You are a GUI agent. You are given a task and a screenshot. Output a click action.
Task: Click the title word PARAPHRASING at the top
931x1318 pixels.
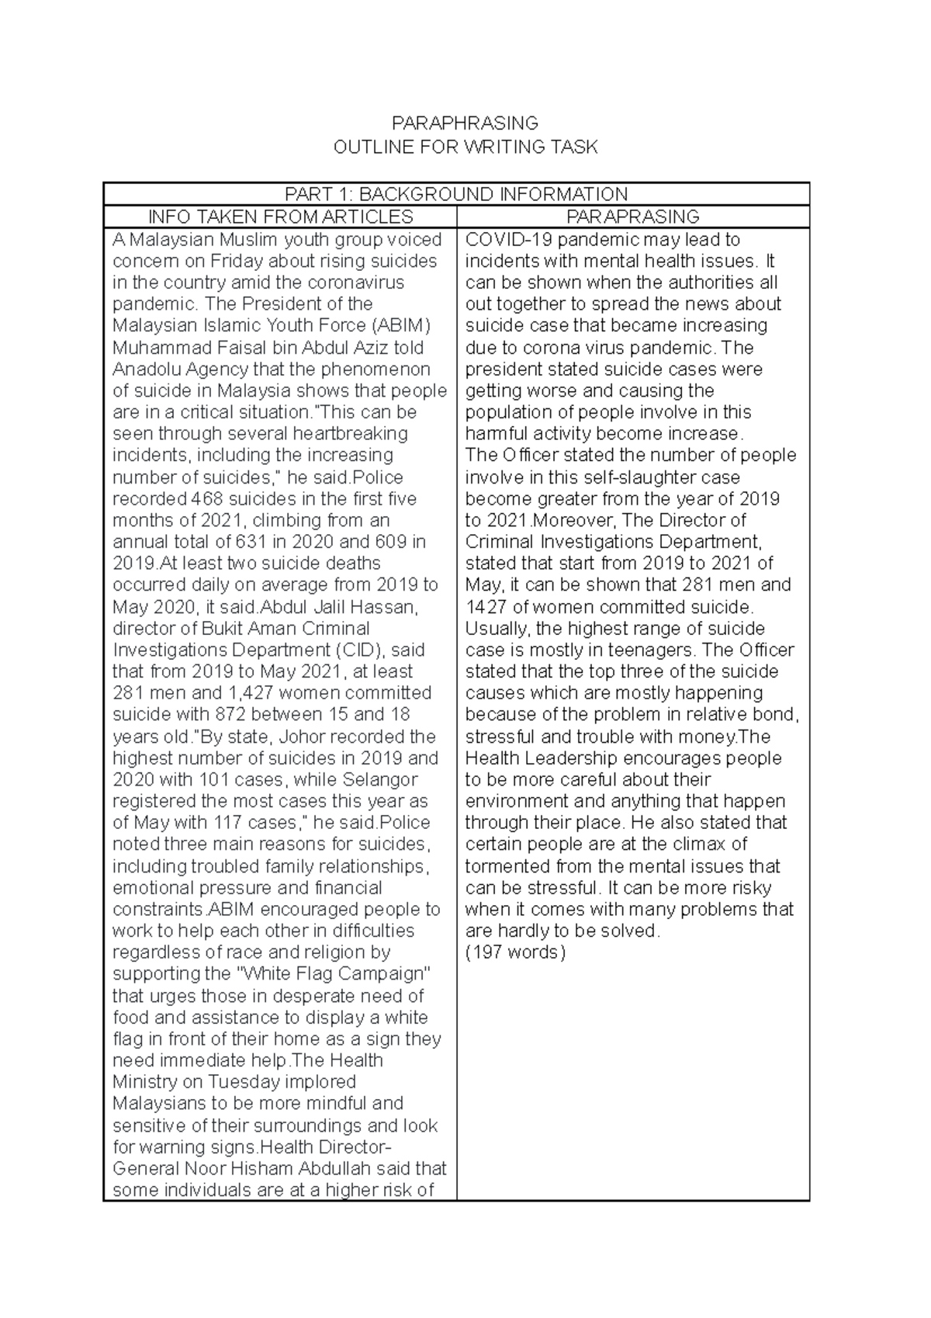tap(465, 123)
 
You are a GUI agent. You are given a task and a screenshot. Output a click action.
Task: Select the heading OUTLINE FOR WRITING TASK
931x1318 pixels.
tap(465, 147)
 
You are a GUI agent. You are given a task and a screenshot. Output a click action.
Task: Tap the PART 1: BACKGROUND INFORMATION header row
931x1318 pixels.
tap(456, 194)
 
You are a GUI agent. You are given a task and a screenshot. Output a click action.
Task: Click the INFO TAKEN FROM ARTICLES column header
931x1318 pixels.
tap(281, 217)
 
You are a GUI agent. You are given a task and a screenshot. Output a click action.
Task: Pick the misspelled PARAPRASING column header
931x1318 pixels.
tap(633, 217)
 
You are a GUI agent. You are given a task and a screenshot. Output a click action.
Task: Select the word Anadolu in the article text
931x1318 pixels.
tap(147, 369)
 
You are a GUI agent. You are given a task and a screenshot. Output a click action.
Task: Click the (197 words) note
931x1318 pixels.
tap(516, 952)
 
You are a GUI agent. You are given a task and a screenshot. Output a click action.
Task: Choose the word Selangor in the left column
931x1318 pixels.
tap(382, 779)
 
